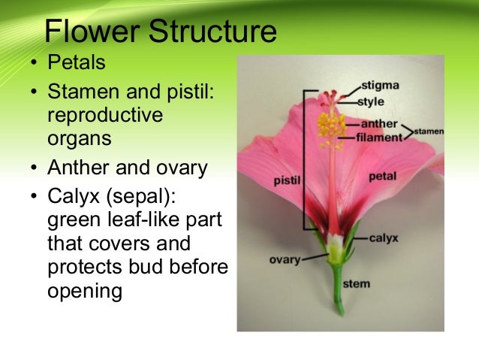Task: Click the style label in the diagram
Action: coord(374,100)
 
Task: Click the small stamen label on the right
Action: coord(429,132)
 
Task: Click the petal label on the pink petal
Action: coord(382,176)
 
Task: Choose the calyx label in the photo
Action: coord(383,237)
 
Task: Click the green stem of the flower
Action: coord(339,289)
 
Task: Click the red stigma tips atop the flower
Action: coord(331,95)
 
